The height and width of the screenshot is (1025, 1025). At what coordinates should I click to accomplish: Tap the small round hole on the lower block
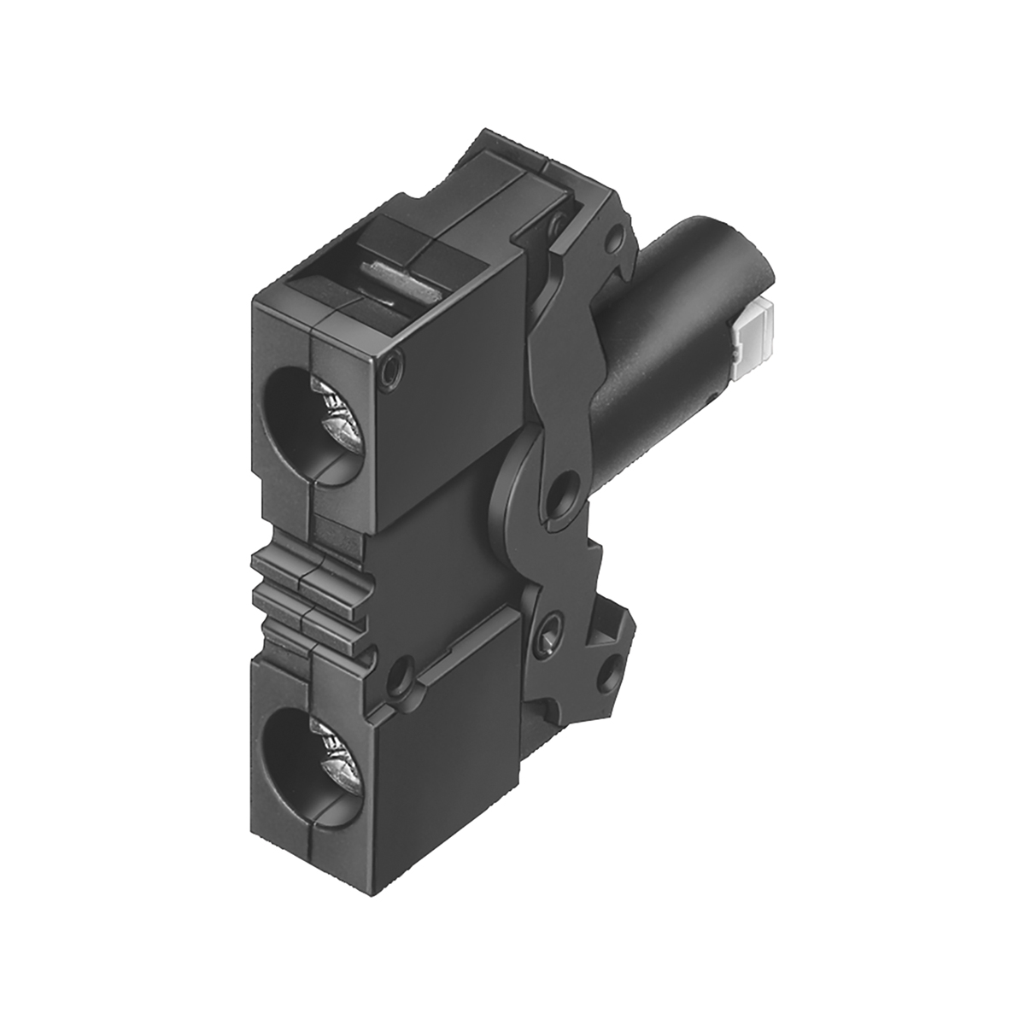(396, 679)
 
